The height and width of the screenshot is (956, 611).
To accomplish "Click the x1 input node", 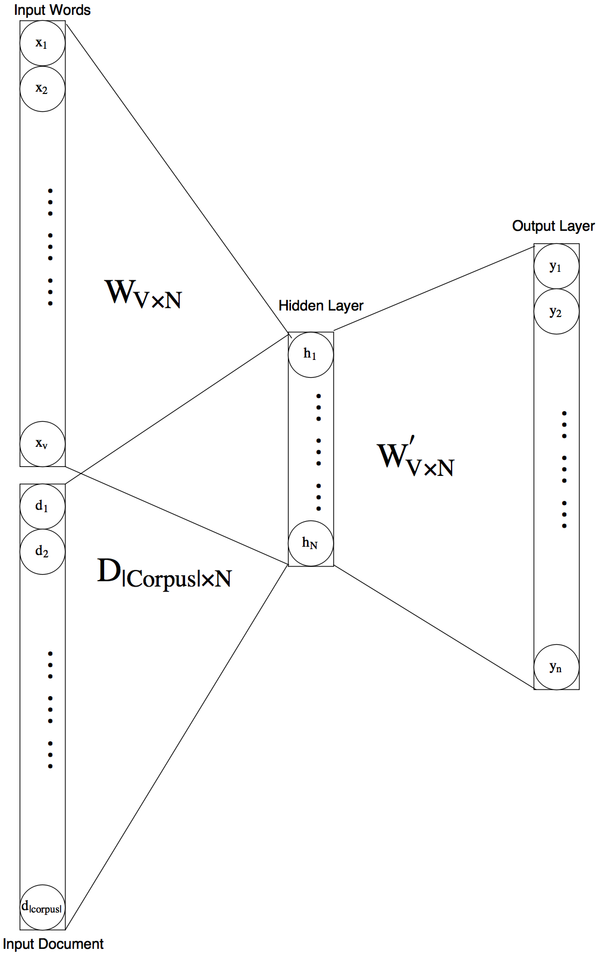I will point(42,43).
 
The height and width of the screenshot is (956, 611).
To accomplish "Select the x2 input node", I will point(42,89).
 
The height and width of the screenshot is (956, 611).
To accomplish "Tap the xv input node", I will point(42,444).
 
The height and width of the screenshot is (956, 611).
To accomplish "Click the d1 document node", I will point(42,506).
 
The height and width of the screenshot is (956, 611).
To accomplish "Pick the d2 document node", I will point(42,552).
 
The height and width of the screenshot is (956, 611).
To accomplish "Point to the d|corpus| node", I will point(42,907).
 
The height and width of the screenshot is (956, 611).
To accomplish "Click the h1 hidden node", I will point(311,355).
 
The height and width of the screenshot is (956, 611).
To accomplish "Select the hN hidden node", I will point(311,543).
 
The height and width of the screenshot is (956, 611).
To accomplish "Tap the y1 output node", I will point(556,267).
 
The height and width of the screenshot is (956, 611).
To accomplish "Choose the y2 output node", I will point(556,312).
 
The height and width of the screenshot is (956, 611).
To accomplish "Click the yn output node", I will point(556,667).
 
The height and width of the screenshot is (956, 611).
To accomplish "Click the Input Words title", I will point(52,10).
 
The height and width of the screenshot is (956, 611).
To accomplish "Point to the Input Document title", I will point(53,944).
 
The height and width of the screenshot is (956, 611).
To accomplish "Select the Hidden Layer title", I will point(321,306).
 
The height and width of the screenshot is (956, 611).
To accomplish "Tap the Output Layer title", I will point(553,226).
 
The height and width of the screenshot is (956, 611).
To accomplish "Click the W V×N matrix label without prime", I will point(143,294).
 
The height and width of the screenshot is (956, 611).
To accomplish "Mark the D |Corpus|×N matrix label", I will point(164,573).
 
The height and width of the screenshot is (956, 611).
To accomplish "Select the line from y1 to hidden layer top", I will point(434,289).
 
